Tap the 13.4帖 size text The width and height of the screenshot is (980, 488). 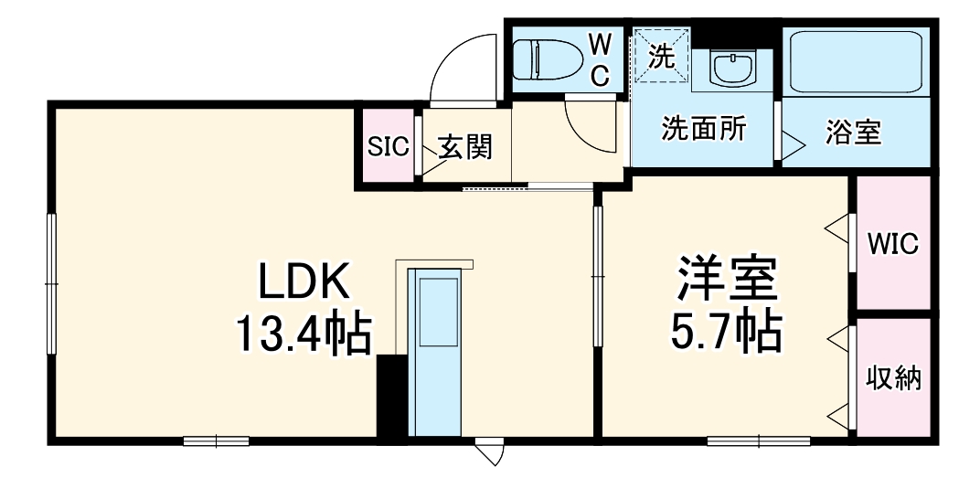point(304,334)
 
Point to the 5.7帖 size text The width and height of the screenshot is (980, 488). point(727,334)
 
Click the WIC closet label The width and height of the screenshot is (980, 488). point(892,244)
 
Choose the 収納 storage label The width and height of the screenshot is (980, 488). point(892,377)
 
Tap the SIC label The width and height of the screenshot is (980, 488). point(388,147)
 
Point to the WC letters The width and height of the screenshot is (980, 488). point(599,60)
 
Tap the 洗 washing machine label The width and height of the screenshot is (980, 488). point(661,58)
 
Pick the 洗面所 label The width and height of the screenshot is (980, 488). point(704,129)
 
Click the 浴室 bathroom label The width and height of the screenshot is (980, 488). point(853,133)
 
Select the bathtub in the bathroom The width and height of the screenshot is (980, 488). point(856,61)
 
